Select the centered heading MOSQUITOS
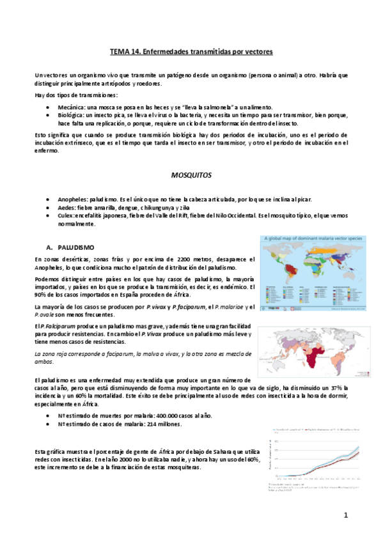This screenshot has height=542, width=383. pyautogui.click(x=192, y=174)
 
